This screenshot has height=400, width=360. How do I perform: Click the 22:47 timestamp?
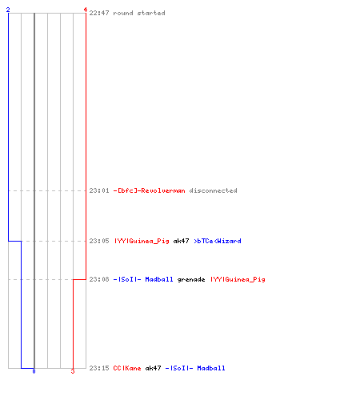click(x=99, y=13)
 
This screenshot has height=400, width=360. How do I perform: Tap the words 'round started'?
click(x=139, y=13)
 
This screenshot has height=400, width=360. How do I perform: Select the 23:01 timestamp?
click(x=99, y=190)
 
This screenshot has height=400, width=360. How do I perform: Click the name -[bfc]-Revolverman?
click(x=149, y=190)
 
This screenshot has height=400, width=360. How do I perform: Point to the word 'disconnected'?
click(x=213, y=190)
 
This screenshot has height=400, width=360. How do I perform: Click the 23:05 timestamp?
click(x=99, y=241)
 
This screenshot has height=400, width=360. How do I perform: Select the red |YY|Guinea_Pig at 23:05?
click(x=142, y=241)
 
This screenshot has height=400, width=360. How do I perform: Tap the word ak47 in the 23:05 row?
click(x=181, y=241)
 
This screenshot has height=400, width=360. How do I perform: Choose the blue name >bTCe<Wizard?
click(x=218, y=241)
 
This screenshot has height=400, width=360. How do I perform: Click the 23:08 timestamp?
click(x=99, y=279)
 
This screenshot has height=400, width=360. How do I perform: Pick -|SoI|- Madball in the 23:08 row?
click(x=143, y=279)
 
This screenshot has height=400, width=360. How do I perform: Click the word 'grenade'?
click(x=191, y=280)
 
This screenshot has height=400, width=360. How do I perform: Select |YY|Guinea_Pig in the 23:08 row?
click(x=238, y=279)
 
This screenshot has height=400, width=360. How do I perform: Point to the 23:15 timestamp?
click(x=99, y=368)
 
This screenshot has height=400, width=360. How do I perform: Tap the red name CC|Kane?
click(x=127, y=368)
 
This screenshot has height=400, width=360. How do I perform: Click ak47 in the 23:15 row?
click(x=153, y=368)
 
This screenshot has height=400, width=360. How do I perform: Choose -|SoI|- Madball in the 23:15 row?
click(x=195, y=368)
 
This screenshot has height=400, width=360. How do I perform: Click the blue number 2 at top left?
click(x=8, y=10)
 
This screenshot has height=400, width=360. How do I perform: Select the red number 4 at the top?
click(x=86, y=10)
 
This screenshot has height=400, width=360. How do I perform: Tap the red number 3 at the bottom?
click(x=73, y=371)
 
